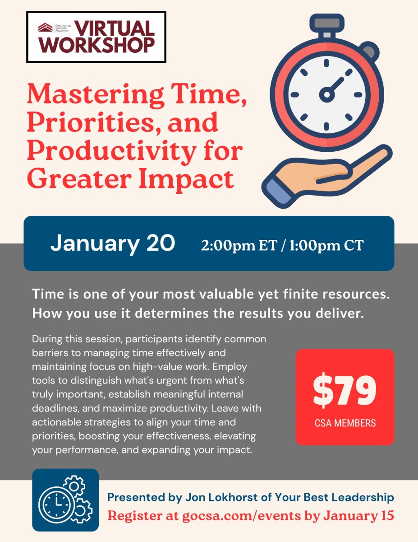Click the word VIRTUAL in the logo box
pyautogui.click(x=114, y=28)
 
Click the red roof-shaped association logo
pyautogui.click(x=45, y=28)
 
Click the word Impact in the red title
pyautogui.click(x=186, y=179)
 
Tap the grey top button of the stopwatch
pyautogui.click(x=327, y=23)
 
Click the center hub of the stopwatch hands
pyautogui.click(x=326, y=94)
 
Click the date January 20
pyautogui.click(x=113, y=243)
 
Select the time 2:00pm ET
pyautogui.click(x=239, y=245)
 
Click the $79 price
pyautogui.click(x=345, y=390)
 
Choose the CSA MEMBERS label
pyautogui.click(x=345, y=423)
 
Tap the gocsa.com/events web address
pyautogui.click(x=242, y=516)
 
